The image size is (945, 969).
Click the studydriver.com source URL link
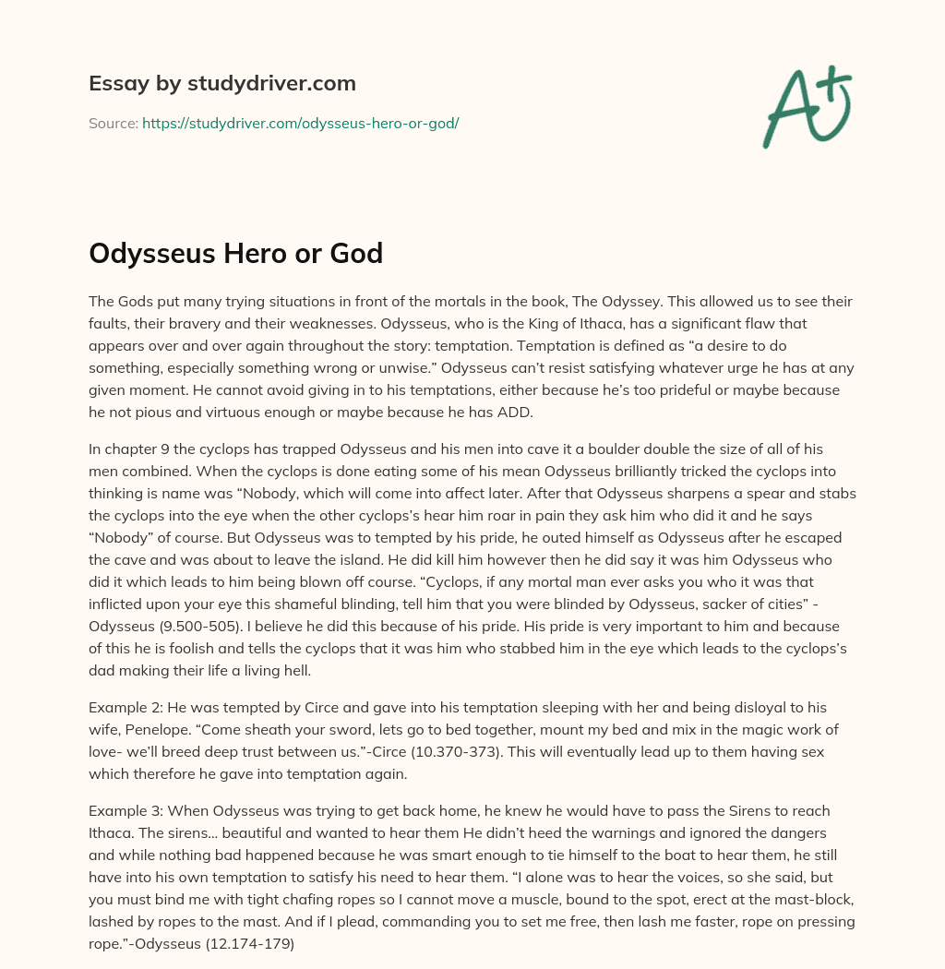[x=300, y=123]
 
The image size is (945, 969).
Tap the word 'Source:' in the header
[x=114, y=123]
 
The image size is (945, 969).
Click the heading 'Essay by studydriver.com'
[x=221, y=83]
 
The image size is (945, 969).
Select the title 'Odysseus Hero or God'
[x=235, y=253]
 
